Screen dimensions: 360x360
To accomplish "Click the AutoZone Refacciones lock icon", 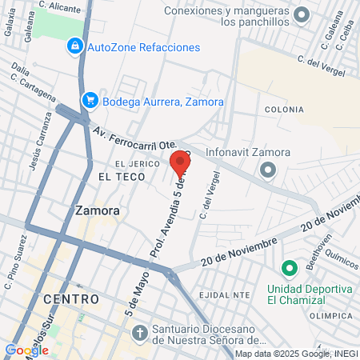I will [x=74, y=46].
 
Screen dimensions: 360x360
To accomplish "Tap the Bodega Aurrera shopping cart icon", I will [x=90, y=101].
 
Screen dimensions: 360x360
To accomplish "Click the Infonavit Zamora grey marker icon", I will [x=268, y=170].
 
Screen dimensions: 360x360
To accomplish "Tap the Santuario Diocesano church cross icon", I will [x=138, y=331].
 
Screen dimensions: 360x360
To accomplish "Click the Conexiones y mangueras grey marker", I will [x=302, y=14].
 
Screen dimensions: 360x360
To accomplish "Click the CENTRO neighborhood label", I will [x=72, y=298].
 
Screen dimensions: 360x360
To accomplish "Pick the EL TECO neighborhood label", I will [x=114, y=175].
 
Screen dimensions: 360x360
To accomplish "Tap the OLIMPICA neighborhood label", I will [x=326, y=316].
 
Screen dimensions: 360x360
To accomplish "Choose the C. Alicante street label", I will [x=60, y=6].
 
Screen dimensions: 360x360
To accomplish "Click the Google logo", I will [x=26, y=350].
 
